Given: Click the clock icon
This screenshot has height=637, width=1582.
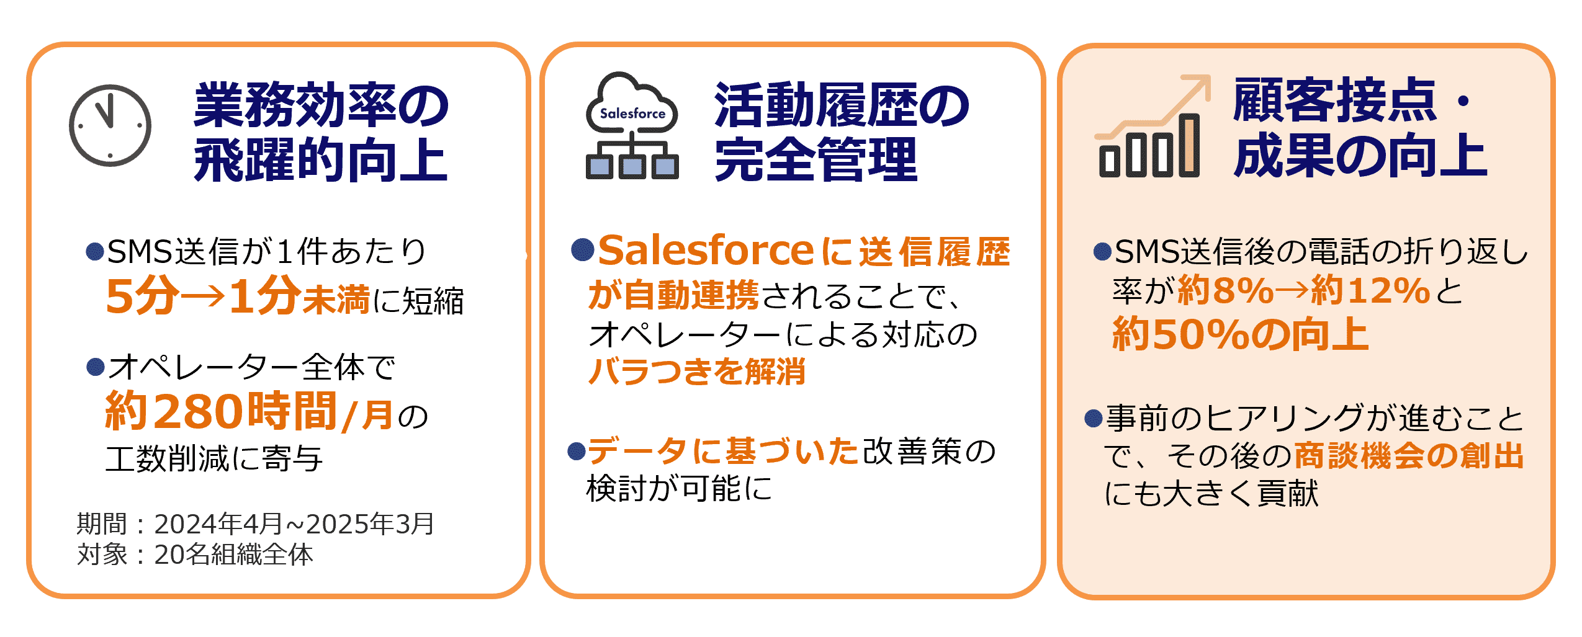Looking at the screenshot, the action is point(110,125).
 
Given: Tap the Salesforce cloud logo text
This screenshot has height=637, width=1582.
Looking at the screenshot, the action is point(632,114).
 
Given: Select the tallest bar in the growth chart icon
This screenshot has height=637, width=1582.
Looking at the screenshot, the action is point(1189,145).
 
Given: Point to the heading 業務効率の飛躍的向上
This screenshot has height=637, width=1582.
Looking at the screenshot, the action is point(321,131).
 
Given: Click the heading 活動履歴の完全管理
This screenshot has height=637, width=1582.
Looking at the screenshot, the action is point(842,131).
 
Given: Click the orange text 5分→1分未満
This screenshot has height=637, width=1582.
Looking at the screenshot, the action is point(238,296).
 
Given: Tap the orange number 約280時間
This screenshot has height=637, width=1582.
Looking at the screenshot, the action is point(221,411).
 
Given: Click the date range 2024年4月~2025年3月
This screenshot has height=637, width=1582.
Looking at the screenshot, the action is point(294,524).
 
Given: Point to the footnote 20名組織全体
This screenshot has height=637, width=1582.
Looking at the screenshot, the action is point(233,555).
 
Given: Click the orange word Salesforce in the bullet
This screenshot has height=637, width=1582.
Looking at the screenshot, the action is point(706,250).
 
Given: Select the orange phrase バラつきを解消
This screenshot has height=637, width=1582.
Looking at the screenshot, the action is point(696,372).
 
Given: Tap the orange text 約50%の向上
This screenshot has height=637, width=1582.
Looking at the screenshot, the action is point(1240,334).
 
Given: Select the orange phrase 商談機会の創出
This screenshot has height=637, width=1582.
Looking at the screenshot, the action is point(1409,455).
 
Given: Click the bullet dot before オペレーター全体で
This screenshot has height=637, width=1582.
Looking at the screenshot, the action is point(95,367).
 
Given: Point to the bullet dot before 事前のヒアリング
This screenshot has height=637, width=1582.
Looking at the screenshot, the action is point(1093,418).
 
